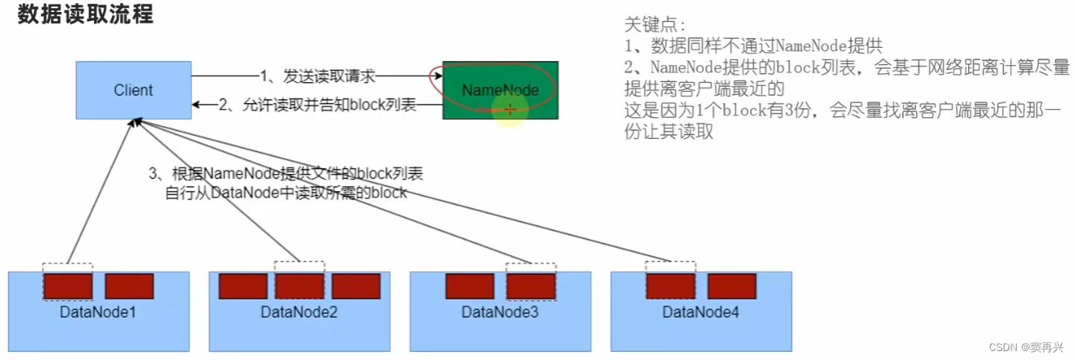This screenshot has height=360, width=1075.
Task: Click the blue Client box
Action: (x=133, y=90)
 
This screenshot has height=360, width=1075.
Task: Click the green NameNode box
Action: (x=500, y=90)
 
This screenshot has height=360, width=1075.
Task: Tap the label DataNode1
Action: (x=98, y=312)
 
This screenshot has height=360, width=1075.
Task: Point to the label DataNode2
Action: (x=299, y=312)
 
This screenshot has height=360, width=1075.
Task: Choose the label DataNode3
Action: (x=500, y=312)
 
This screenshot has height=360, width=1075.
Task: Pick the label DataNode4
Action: (x=701, y=312)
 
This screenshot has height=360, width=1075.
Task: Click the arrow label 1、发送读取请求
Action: (x=317, y=76)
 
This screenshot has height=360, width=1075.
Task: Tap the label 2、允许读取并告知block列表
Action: (x=317, y=105)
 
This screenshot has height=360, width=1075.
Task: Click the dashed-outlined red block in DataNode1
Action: (x=68, y=286)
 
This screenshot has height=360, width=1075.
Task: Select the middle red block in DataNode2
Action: (x=300, y=286)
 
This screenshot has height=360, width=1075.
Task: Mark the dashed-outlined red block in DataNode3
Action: (x=531, y=286)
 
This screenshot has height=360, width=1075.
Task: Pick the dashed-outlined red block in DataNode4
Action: (x=671, y=286)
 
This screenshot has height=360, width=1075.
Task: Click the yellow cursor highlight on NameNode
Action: (x=510, y=110)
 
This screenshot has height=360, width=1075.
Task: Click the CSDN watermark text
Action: (x=1030, y=347)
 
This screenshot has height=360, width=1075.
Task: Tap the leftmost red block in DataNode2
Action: (x=243, y=286)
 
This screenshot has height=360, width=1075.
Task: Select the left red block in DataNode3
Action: (x=470, y=286)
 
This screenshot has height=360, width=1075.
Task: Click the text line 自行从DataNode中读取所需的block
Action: (x=286, y=193)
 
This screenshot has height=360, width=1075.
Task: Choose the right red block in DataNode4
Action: (x=732, y=286)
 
